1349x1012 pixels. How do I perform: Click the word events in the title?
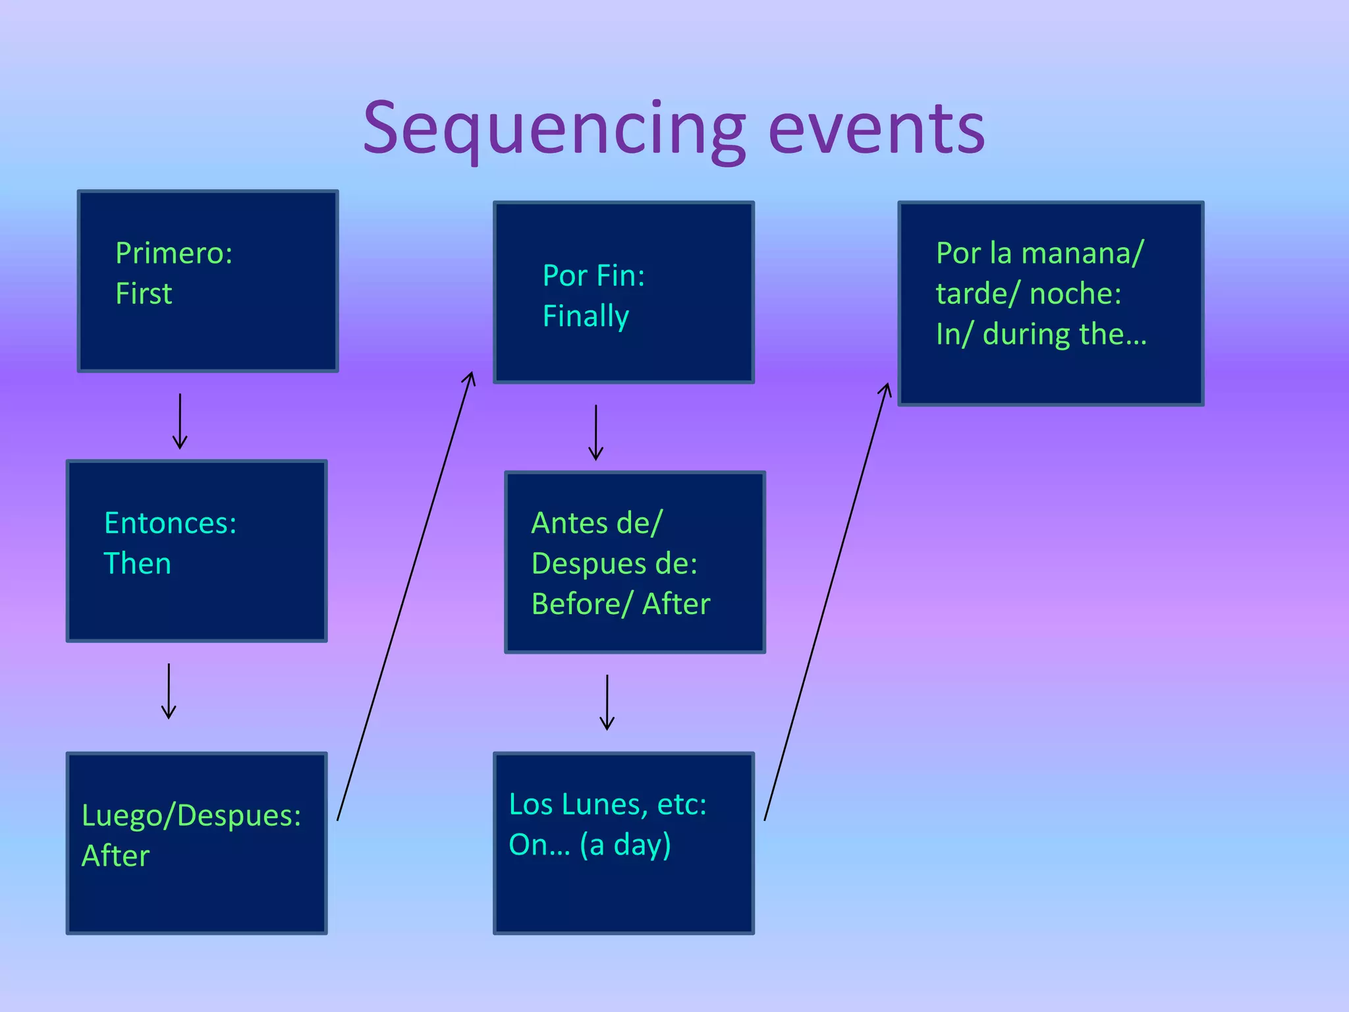click(876, 128)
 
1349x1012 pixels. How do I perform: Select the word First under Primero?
click(144, 293)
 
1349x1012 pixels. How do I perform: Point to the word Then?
click(137, 564)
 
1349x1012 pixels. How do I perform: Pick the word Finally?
click(586, 316)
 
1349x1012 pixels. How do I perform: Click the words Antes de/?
click(596, 523)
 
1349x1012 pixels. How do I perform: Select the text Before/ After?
click(620, 604)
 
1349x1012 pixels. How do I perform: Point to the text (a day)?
click(625, 845)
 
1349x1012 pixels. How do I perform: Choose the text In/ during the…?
click(1041, 335)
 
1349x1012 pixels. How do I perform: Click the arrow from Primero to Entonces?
click(180, 422)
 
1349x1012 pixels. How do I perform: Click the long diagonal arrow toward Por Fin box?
click(406, 596)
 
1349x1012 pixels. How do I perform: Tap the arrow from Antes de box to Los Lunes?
click(607, 702)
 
